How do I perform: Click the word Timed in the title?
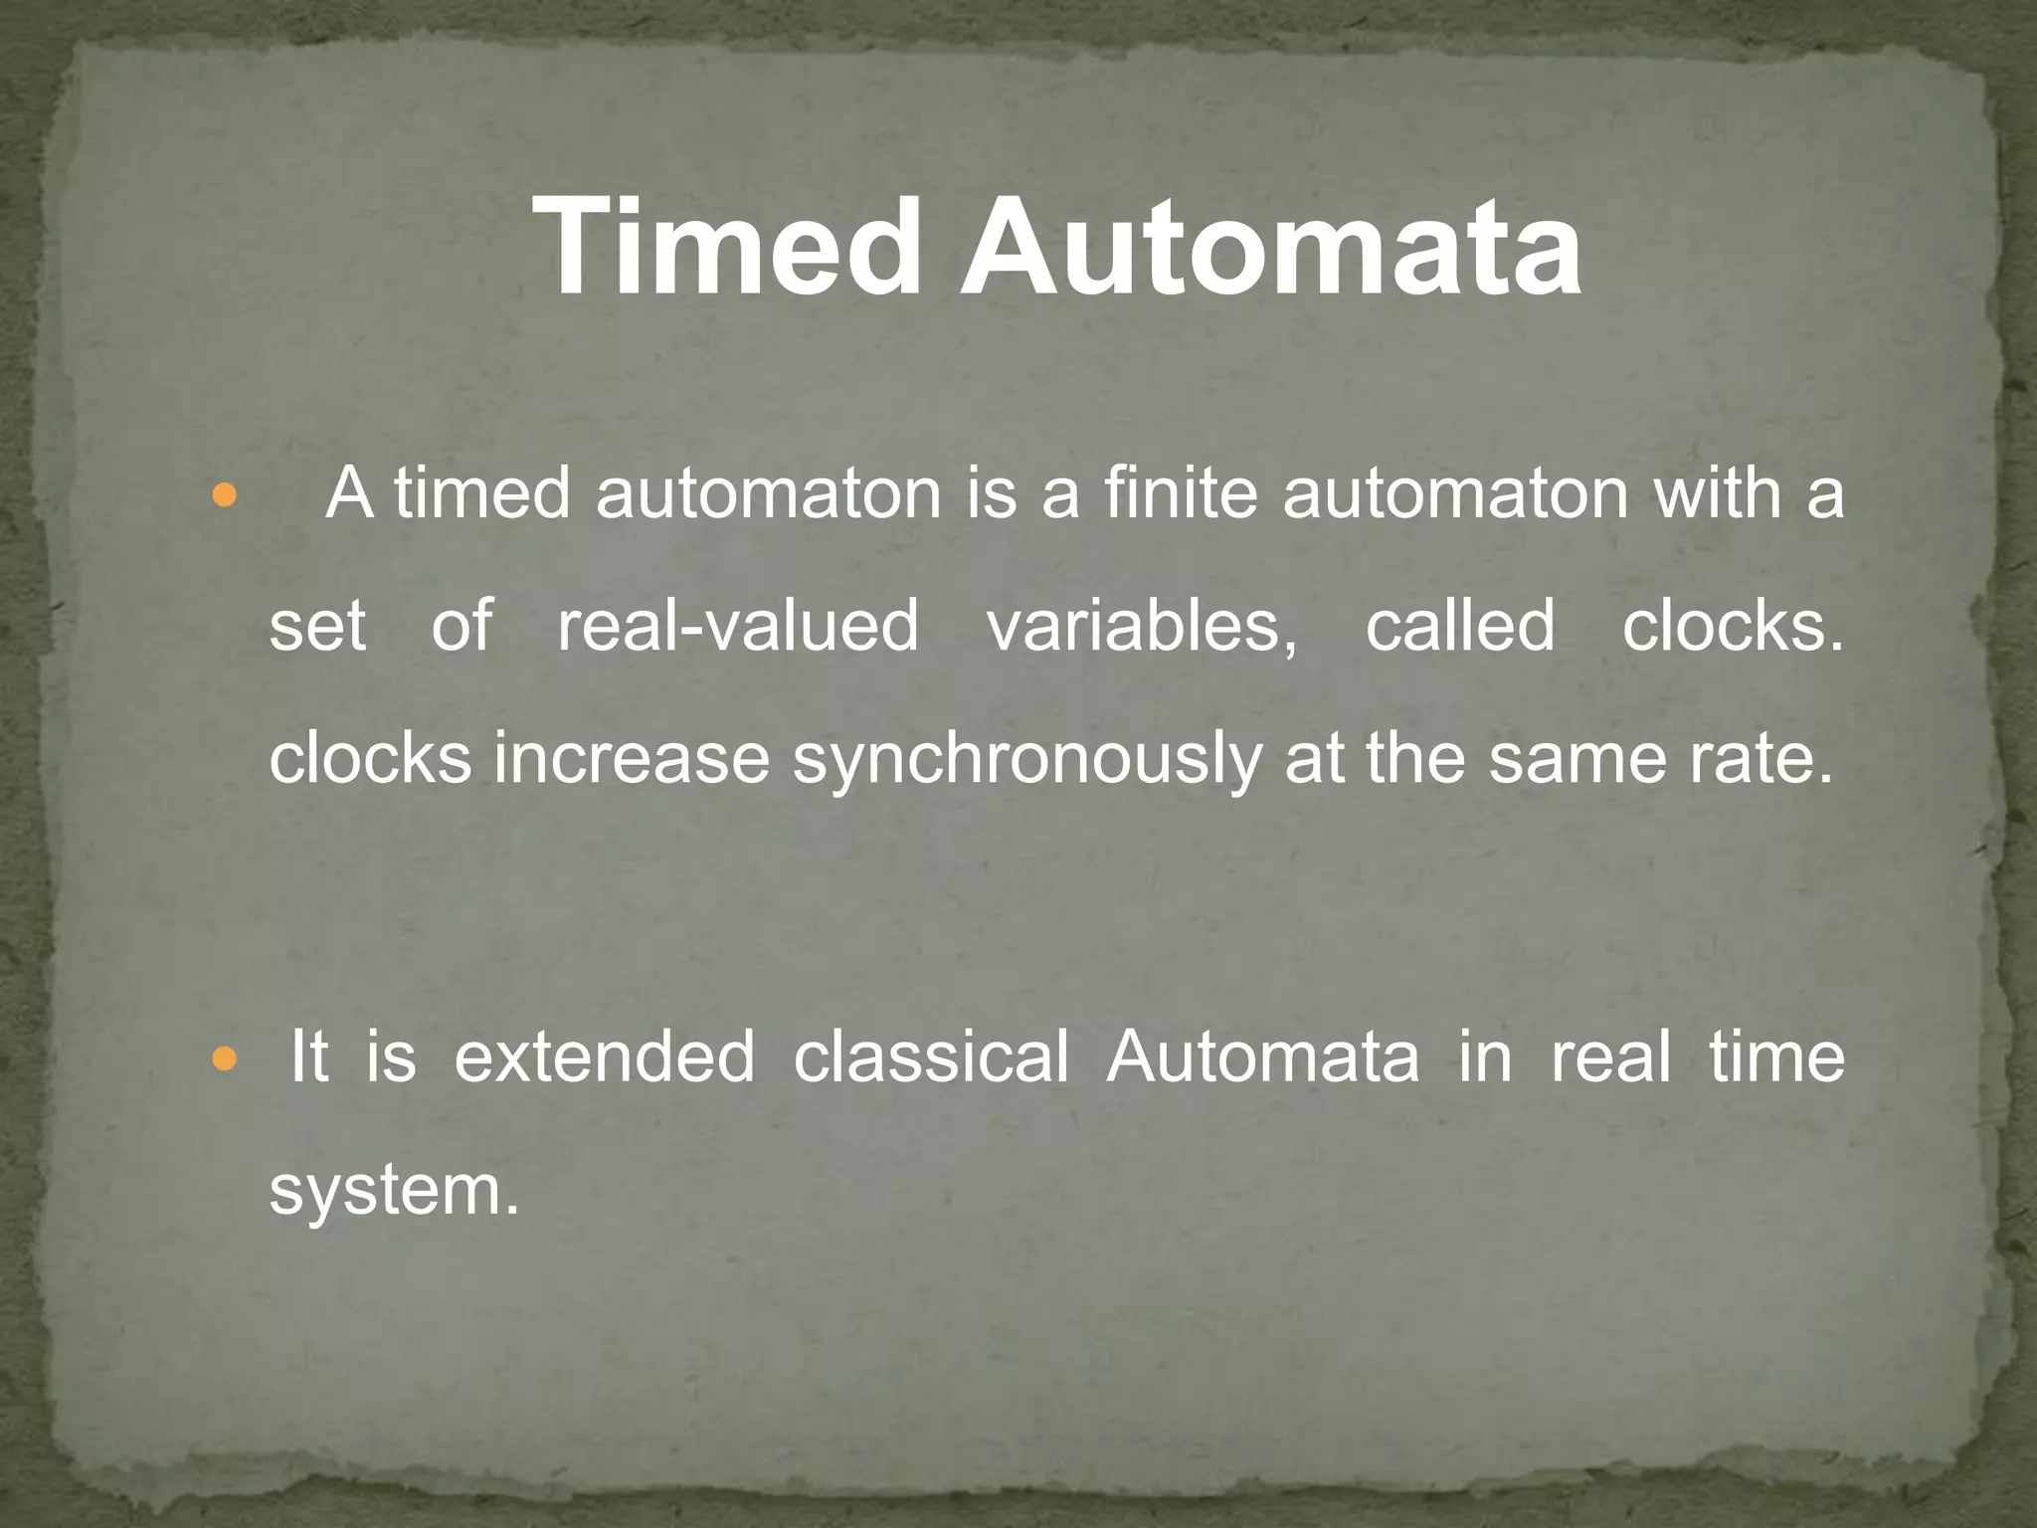point(727,246)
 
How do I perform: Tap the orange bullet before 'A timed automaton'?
point(226,494)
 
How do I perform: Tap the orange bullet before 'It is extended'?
point(226,1059)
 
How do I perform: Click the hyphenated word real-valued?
point(737,627)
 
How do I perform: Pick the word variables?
point(1142,627)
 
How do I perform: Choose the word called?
point(1459,627)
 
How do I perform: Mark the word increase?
point(632,759)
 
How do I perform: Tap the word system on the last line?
point(393,1192)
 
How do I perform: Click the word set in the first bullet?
point(317,627)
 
